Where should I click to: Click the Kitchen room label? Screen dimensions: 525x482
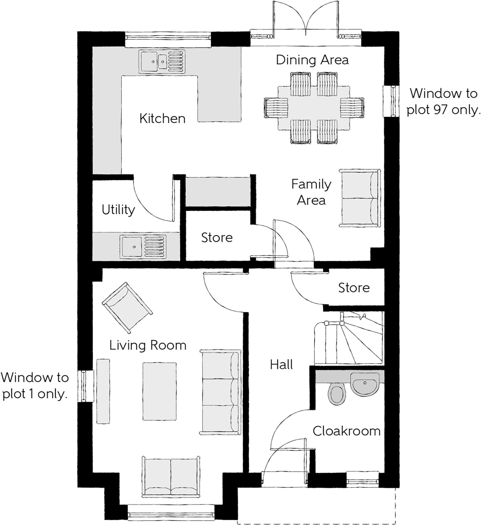162,119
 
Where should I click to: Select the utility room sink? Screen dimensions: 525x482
143,247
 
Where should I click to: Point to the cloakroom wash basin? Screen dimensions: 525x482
364,384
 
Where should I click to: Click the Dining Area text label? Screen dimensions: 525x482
312,60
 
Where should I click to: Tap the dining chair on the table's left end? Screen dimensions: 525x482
276,108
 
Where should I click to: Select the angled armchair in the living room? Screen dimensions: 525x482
127,307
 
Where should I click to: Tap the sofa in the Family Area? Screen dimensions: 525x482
360,198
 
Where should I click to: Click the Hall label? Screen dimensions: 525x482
281,365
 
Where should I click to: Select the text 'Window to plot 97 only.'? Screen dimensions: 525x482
443,102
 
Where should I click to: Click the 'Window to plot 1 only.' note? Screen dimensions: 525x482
35,386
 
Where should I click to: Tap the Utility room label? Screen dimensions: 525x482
118,210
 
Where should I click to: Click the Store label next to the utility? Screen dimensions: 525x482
217,238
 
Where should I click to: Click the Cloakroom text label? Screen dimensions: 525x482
346,431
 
